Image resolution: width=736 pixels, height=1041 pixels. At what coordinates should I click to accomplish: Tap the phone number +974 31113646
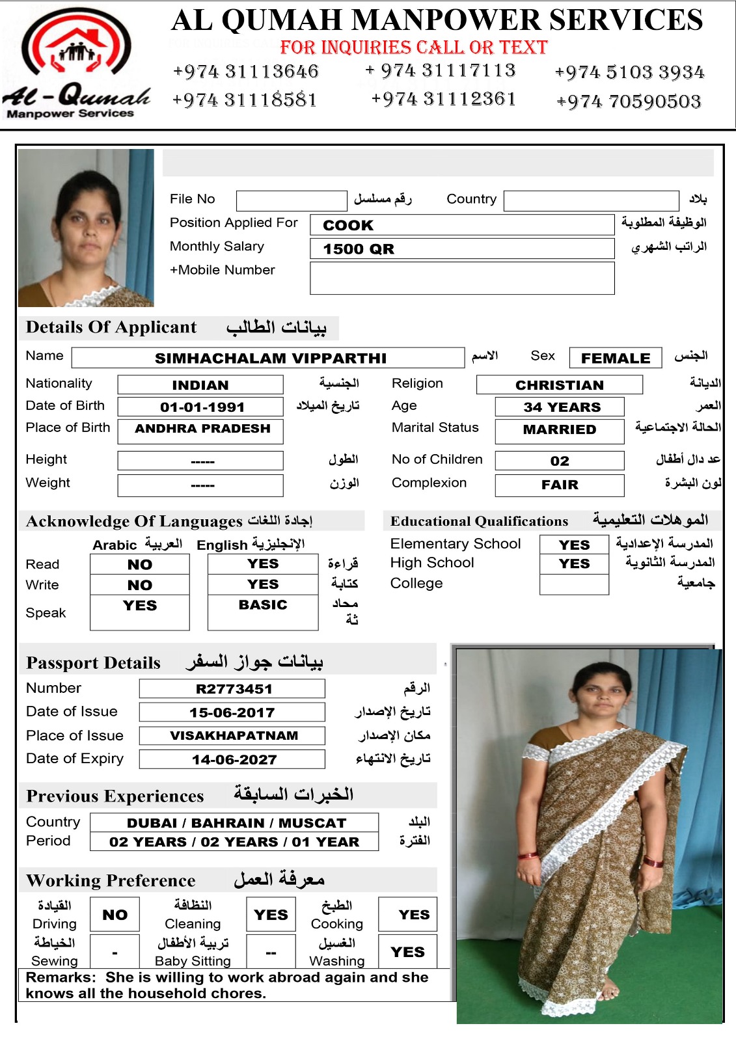tap(245, 71)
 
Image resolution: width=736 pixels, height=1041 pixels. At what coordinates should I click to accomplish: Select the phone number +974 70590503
tap(629, 101)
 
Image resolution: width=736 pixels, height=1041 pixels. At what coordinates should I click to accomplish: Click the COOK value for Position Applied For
tap(348, 225)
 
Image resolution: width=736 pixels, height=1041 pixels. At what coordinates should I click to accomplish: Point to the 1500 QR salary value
tap(359, 249)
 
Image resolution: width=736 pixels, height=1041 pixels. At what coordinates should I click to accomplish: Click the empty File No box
tap(291, 200)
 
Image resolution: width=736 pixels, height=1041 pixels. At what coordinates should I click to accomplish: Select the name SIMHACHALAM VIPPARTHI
tap(270, 358)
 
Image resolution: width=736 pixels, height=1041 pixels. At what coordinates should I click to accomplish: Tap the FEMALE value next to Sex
tap(615, 358)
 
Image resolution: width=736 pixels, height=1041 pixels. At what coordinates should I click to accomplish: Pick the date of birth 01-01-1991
tap(202, 407)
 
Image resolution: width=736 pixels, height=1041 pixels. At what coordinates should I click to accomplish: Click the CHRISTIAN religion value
tap(559, 385)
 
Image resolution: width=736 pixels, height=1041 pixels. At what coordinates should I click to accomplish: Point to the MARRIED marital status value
tap(559, 429)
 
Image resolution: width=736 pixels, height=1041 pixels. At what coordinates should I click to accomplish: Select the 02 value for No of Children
tap(559, 461)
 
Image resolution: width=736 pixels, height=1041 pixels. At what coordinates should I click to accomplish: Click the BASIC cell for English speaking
tap(263, 605)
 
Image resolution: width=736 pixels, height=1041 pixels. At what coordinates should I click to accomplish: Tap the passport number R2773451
tap(234, 689)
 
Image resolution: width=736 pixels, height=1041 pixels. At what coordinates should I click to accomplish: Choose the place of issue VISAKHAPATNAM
tap(234, 736)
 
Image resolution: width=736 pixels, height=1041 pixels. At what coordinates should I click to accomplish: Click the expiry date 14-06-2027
tap(234, 760)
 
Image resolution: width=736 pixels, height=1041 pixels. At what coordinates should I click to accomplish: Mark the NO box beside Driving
tap(115, 915)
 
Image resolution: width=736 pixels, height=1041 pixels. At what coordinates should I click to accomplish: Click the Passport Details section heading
tap(93, 663)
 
